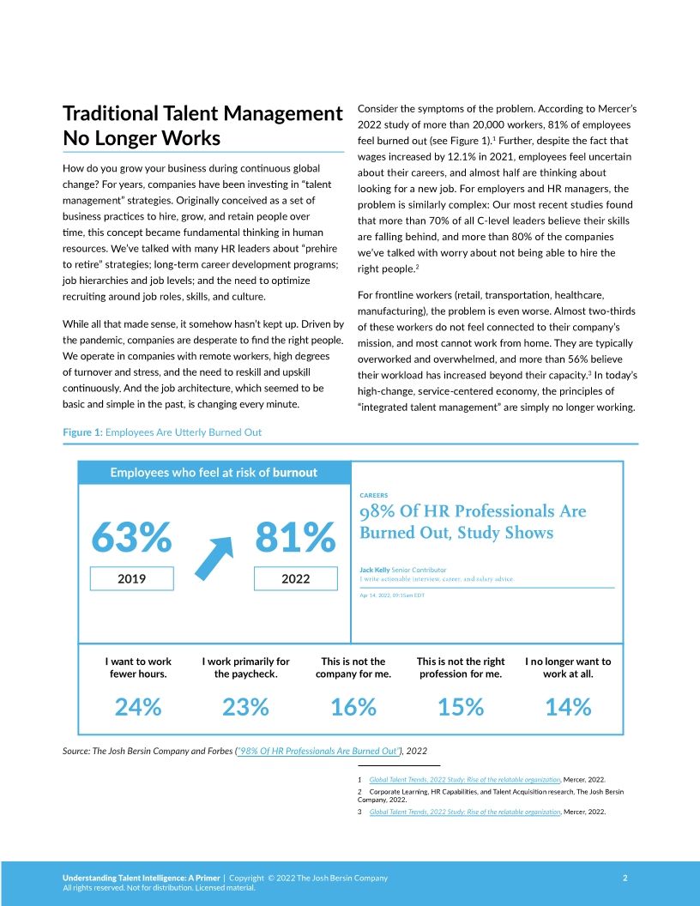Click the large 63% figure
click(x=132, y=538)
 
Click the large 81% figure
click(x=295, y=538)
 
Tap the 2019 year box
click(x=132, y=579)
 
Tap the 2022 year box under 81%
click(x=295, y=579)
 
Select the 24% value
click(x=138, y=707)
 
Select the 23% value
click(x=245, y=707)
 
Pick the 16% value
click(x=353, y=707)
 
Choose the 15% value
click(x=461, y=707)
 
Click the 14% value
click(x=568, y=707)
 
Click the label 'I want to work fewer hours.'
click(x=138, y=667)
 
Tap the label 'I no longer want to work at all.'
click(x=568, y=667)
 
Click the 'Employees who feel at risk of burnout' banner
click(x=214, y=473)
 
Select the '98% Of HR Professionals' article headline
click(x=473, y=522)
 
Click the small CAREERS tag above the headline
click(x=373, y=495)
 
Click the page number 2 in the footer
click(x=625, y=878)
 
